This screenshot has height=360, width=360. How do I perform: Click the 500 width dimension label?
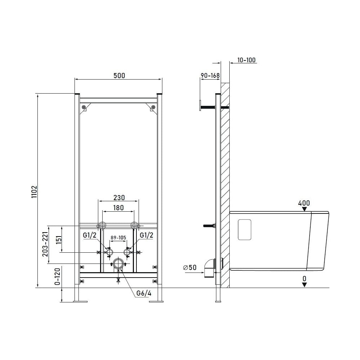click(119, 76)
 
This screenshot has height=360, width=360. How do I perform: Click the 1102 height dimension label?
click(34, 192)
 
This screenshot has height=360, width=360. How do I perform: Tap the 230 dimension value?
click(119, 197)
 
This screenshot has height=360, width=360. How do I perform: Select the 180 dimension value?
click(118, 208)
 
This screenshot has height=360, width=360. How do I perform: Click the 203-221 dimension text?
click(45, 244)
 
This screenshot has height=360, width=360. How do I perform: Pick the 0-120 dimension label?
click(57, 276)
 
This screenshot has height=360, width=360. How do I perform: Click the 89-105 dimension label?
click(118, 238)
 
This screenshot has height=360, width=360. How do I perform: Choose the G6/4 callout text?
click(144, 293)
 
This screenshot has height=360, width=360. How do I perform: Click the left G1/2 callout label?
click(90, 235)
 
